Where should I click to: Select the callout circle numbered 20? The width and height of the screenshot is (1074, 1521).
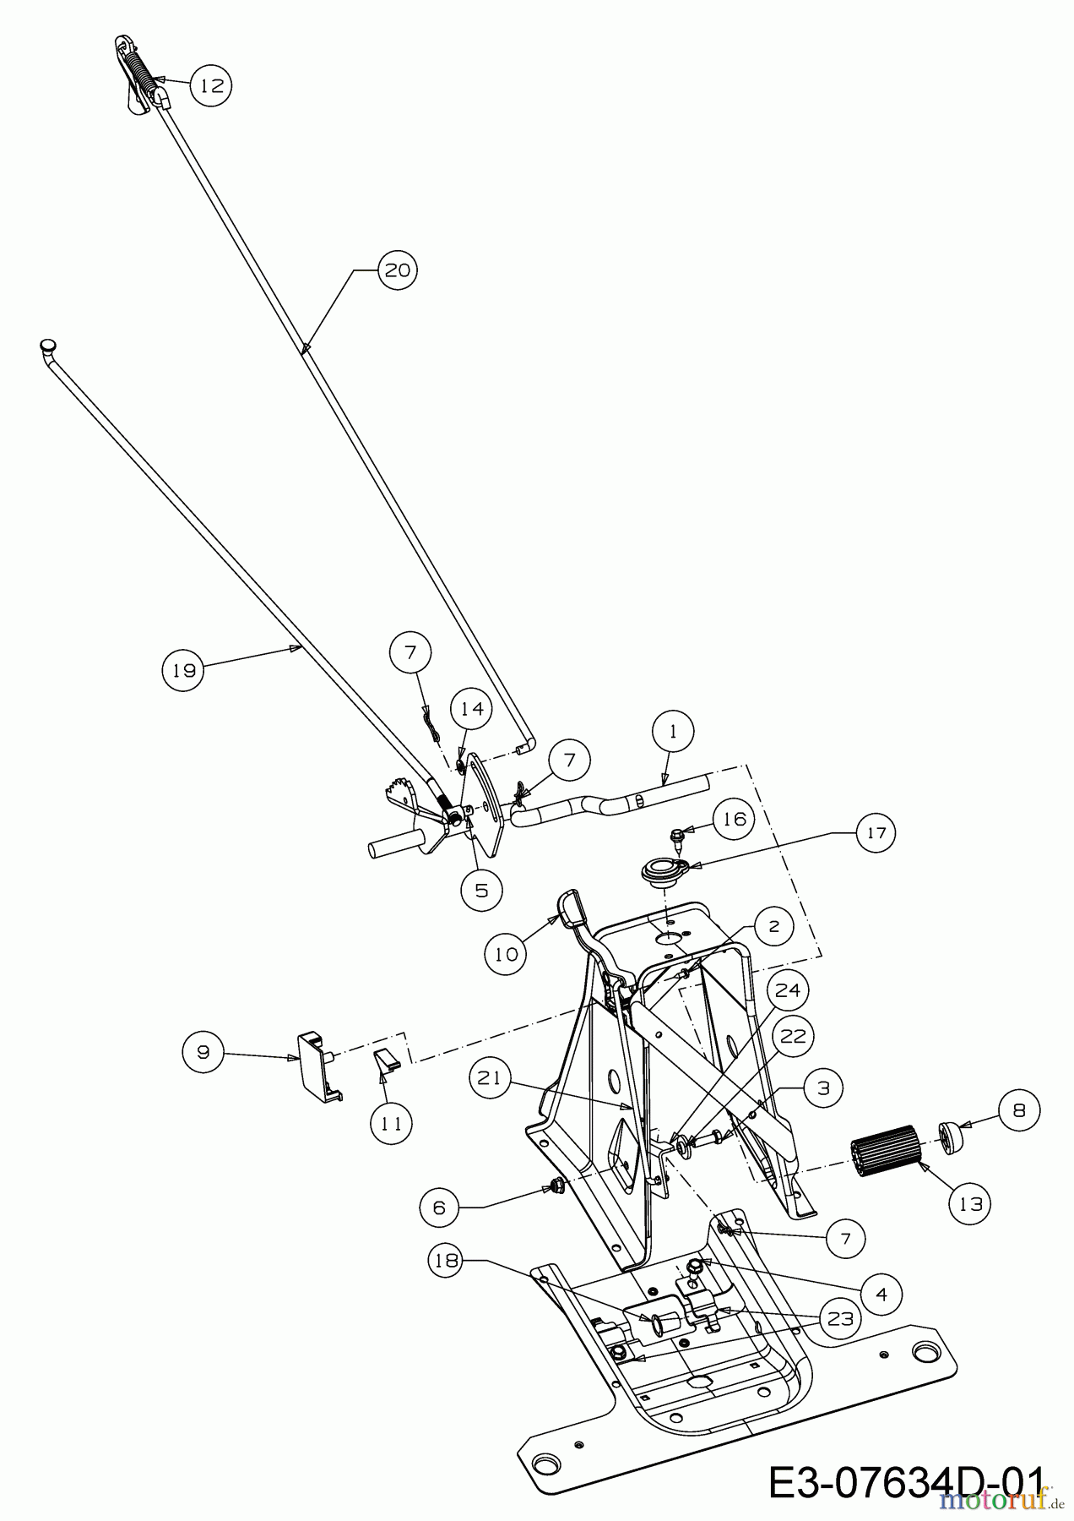click(397, 270)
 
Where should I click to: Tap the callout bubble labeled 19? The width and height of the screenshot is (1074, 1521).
click(183, 670)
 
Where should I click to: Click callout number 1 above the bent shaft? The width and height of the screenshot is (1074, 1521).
click(673, 732)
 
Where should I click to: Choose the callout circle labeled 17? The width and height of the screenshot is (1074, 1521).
click(876, 833)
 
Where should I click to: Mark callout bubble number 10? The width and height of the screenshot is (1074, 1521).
click(507, 953)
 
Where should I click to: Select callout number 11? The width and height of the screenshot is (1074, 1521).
click(391, 1124)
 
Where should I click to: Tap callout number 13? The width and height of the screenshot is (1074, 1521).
click(971, 1203)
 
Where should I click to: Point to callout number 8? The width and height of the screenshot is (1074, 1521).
click(1018, 1110)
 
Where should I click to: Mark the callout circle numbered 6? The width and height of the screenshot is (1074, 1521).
click(440, 1208)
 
